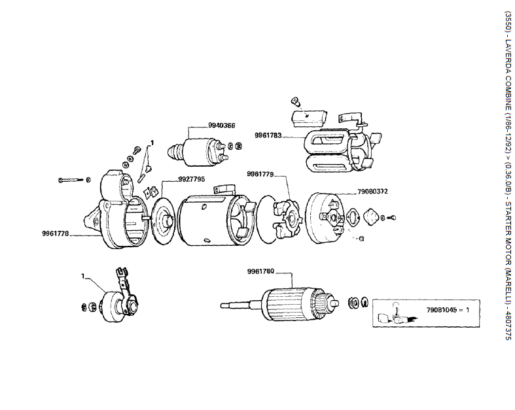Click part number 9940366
[221, 125]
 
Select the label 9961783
[268, 136]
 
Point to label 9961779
[260, 174]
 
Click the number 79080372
[372, 192]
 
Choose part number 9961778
[56, 233]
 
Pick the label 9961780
[260, 271]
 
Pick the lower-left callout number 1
[83, 276]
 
